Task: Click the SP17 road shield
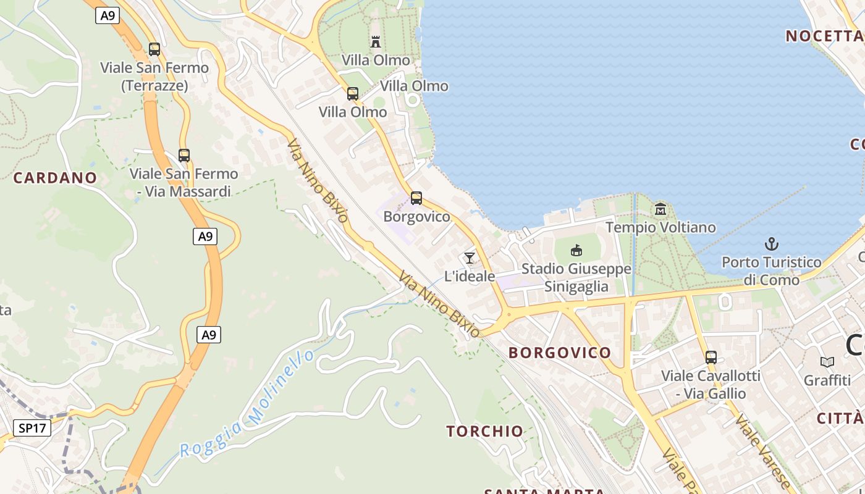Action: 32,427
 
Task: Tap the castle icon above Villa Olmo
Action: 376,42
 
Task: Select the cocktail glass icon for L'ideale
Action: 470,257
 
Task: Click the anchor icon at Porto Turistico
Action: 771,244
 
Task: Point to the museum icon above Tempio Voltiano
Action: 660,209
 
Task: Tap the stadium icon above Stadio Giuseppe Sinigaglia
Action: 576,250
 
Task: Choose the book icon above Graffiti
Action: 827,362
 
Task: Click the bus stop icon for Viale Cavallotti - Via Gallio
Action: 711,357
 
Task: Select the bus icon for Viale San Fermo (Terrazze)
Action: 154,49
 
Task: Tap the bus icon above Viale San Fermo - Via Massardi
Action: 184,155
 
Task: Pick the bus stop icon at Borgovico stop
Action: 416,198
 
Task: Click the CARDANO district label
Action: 56,178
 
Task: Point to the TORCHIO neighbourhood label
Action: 485,431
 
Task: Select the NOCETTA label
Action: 824,36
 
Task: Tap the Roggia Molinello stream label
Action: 247,404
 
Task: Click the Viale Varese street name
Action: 763,451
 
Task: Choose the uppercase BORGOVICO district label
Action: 560,353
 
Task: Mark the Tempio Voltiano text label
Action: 660,227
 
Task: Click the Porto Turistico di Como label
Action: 771,271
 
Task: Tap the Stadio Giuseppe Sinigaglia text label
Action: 576,278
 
